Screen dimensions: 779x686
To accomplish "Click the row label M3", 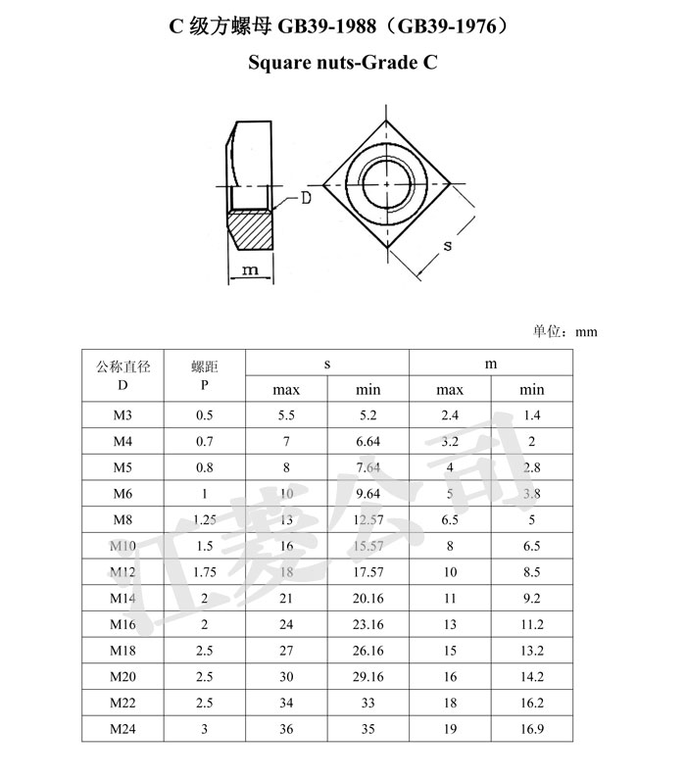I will (x=122, y=414).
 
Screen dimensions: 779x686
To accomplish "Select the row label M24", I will (x=122, y=729).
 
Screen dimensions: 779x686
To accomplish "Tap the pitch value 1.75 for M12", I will (x=204, y=572).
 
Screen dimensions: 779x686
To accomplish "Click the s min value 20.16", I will (x=367, y=598).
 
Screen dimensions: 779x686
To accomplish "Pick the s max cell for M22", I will (x=286, y=703).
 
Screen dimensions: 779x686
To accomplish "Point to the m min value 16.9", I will (x=531, y=729).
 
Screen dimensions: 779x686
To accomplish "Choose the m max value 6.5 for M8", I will (x=450, y=519).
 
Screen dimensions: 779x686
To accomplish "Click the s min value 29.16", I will (x=367, y=677).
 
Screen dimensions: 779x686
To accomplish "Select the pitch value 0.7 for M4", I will (x=204, y=441).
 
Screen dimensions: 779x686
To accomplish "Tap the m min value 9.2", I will (x=531, y=598).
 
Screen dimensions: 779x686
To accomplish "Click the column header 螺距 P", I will (x=204, y=375).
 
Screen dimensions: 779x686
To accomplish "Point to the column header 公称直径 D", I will (x=122, y=375).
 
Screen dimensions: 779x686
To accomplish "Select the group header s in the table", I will (x=327, y=364).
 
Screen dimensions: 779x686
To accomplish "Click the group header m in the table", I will (x=491, y=364).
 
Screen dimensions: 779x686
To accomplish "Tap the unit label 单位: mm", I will (x=564, y=331).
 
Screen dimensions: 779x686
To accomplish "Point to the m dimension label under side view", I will (x=250, y=269).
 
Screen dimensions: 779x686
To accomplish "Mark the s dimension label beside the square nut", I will (x=447, y=246).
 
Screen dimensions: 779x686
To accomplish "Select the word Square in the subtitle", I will (x=279, y=65).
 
